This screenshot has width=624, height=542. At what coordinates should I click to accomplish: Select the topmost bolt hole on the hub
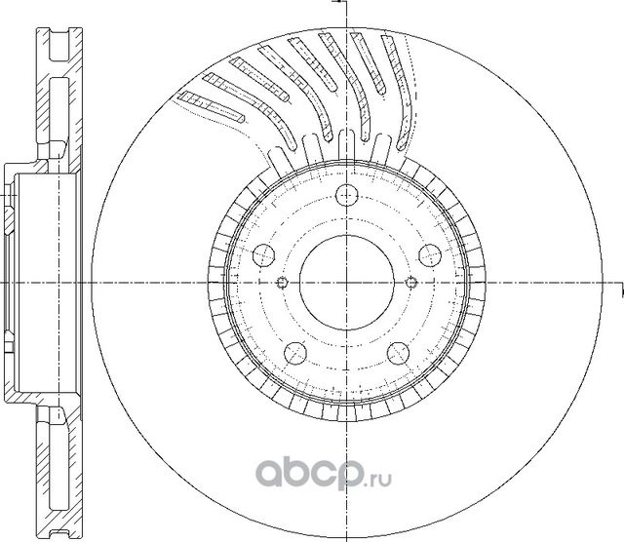345,194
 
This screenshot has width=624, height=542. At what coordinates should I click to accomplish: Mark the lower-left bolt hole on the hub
293,353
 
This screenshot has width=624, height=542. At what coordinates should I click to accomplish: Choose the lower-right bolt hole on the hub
397,353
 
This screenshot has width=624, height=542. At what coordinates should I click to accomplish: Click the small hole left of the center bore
282,283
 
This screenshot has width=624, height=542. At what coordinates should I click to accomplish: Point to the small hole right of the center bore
409,283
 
